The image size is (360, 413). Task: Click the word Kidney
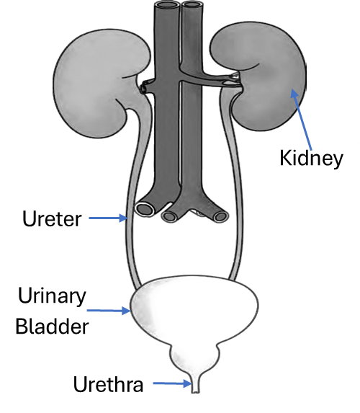311,159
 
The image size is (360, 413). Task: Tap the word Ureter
52,218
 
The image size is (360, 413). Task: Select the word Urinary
52,296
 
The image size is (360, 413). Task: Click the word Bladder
52,327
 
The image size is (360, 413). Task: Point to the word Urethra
108,384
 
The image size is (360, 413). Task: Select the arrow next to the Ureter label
109,218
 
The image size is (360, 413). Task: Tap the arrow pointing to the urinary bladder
109,311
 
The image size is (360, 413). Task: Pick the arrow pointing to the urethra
172,383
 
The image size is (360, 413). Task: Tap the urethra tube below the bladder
195,386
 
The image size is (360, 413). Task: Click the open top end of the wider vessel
167,5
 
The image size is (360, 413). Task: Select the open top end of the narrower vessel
192,5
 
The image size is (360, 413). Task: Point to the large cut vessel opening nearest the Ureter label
145,209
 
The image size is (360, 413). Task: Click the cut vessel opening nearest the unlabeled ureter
220,217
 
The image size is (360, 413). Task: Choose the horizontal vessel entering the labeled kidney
210,78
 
